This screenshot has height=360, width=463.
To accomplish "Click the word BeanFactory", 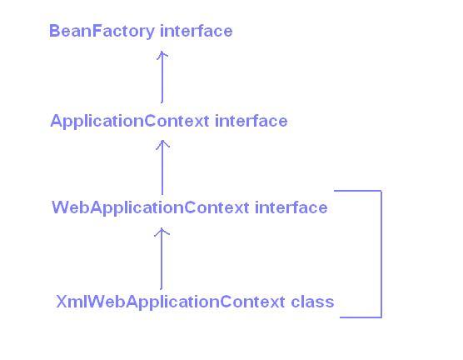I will point(102,31).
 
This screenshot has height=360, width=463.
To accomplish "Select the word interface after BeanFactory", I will point(196,31).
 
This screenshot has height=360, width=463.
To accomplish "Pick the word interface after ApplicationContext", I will point(251,121).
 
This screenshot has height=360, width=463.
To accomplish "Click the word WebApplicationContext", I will point(150,207).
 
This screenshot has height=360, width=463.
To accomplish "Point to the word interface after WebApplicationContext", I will point(291,207).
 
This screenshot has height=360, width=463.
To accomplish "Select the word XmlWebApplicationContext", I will point(171,302).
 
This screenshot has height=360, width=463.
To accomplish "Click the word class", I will point(312,302).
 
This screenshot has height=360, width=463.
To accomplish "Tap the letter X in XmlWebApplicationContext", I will point(62,302).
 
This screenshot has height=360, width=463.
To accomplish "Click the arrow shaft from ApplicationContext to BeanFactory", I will point(162,79).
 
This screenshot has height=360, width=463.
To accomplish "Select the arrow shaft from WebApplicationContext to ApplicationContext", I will point(162,171).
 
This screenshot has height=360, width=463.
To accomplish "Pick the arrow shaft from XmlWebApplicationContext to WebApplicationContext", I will point(162,262).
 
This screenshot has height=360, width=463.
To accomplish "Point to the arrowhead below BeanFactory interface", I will point(162,54).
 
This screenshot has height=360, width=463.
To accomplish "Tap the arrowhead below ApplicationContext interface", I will point(162,144).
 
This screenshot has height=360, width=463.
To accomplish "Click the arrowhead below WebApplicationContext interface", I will point(162,232).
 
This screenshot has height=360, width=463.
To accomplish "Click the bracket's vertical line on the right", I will point(381,254).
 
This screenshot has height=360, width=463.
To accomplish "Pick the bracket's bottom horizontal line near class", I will point(360,317).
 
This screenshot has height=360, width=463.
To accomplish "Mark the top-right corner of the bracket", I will point(381,191).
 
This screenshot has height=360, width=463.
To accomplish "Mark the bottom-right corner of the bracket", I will point(381,317).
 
